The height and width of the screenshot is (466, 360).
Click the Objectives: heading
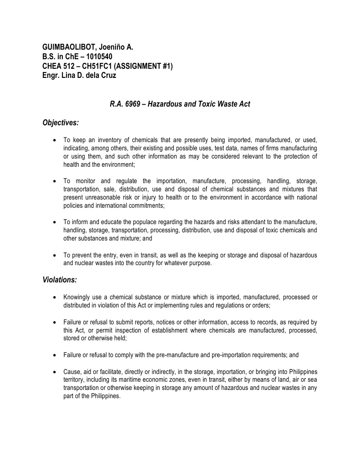pos(61,123)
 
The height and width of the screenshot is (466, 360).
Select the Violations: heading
pos(60,280)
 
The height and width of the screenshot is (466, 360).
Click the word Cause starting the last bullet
pos(71,371)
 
